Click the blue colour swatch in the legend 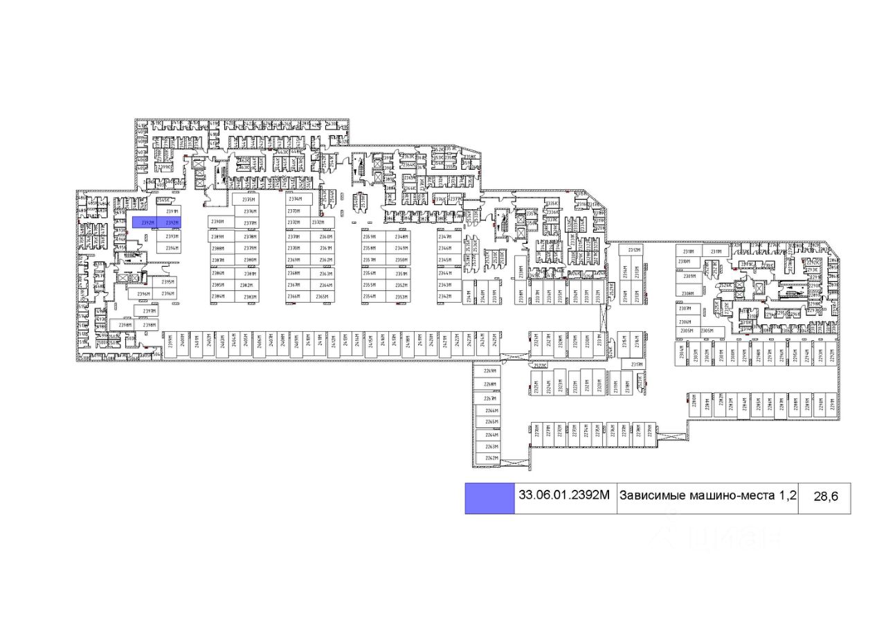coord(489,499)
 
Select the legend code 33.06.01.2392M coord(565,495)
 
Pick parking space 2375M coord(250,199)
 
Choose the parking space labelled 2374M coord(295,199)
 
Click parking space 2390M coord(218,222)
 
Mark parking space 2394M coord(172,248)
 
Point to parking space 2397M coord(150,311)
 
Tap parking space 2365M coord(323,297)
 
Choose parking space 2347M coord(445,237)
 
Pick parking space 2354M coord(370,297)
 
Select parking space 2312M coord(634,249)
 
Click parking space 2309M coord(688,276)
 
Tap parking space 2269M coord(491,371)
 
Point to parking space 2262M coord(491,458)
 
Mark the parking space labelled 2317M coord(637,364)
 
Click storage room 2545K coord(163,200)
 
